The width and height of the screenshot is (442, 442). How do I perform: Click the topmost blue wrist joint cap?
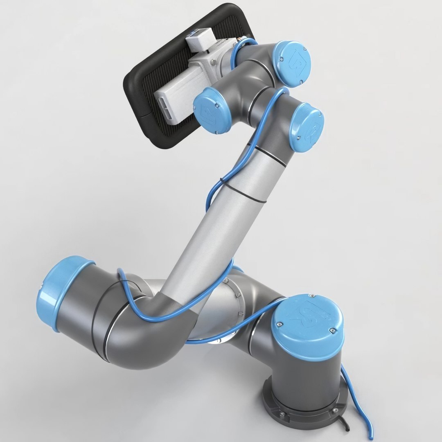(x=292, y=63)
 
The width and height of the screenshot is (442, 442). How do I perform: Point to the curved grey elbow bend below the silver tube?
(x=135, y=327)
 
